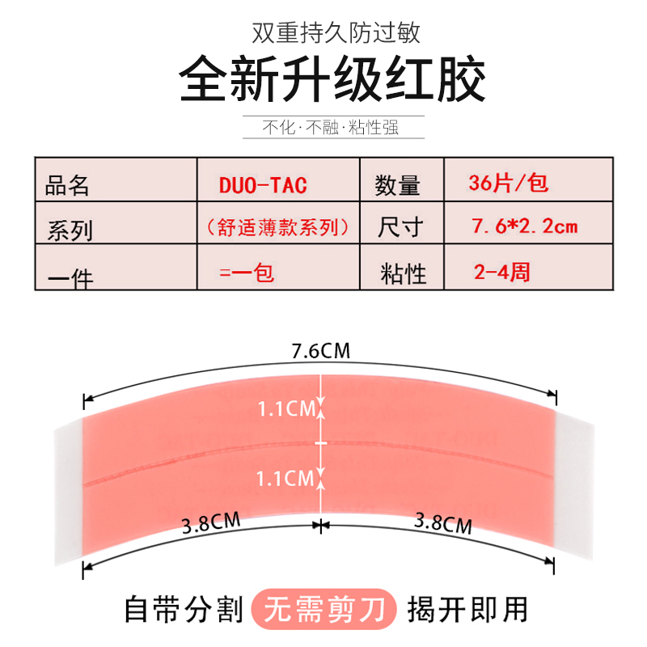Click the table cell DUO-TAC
coord(263,184)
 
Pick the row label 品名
coord(68,187)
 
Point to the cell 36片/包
coord(509,183)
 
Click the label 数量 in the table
coord(398,186)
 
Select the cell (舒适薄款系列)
coord(278,227)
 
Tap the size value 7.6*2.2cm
coord(525,226)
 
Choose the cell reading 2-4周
coord(502,272)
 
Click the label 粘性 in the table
coord(403,273)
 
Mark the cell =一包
coord(247,272)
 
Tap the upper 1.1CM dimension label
coord(285,409)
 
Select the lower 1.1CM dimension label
coord(285,479)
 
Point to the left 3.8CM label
coord(212,523)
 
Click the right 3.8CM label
coord(442,523)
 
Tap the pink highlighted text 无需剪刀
coord(325,609)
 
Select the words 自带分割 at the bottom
coord(184,609)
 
